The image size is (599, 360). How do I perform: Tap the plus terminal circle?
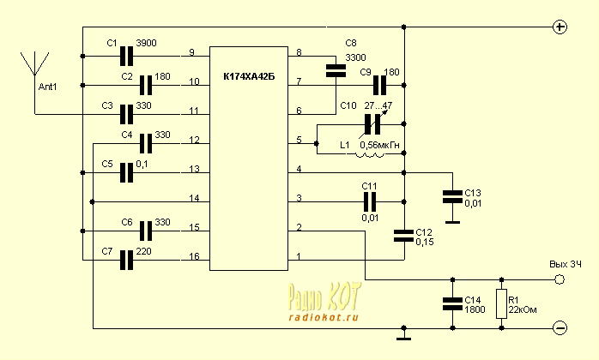(560, 27)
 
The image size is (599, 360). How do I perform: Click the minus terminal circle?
(560, 327)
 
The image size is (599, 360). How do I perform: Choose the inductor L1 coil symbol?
(371, 153)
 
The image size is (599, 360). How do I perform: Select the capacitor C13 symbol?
(451, 196)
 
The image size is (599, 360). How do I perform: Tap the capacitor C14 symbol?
(451, 303)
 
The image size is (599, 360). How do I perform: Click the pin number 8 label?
(299, 53)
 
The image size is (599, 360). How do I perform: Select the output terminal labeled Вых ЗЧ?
(559, 279)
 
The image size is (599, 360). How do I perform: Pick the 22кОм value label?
(523, 309)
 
